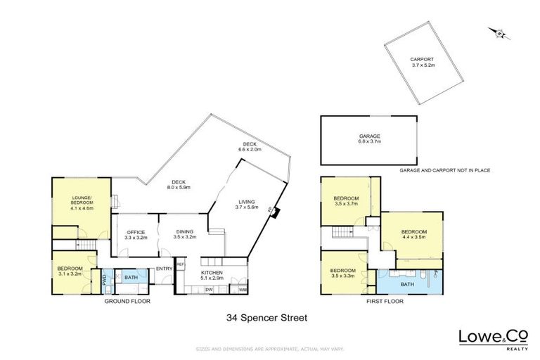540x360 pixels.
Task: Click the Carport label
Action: coord(423,62)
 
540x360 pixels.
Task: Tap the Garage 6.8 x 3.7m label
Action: coord(369,139)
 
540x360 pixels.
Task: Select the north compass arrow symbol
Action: coord(500,32)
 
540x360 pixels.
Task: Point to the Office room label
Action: coord(135,235)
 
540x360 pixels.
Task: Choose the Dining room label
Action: coord(183,235)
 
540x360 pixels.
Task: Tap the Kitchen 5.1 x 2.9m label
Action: coord(212,275)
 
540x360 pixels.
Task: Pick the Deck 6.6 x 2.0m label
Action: coord(250,147)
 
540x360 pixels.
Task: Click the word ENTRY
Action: coord(164,269)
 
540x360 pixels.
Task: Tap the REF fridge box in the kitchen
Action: coord(180,264)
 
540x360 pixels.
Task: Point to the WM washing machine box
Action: coord(243,290)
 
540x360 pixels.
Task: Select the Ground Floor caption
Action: coord(127,300)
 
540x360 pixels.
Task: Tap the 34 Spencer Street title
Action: coord(266,318)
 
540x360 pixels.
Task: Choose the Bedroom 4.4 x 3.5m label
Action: coord(415,234)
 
